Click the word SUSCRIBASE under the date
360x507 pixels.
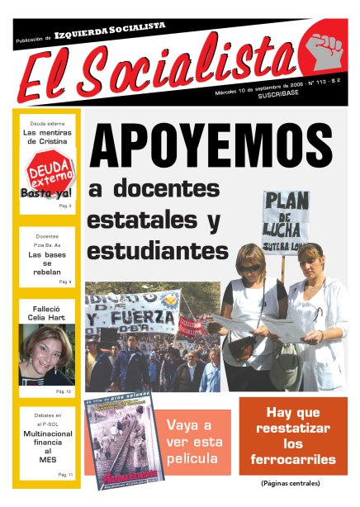pyautogui.click(x=280, y=97)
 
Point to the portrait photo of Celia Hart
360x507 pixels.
pyautogui.click(x=46, y=353)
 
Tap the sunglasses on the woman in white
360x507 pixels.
pyautogui.click(x=249, y=268)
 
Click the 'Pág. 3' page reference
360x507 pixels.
pyautogui.click(x=64, y=205)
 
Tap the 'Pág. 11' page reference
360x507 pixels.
pyautogui.click(x=64, y=475)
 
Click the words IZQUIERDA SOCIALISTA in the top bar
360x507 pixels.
pyautogui.click(x=109, y=31)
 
